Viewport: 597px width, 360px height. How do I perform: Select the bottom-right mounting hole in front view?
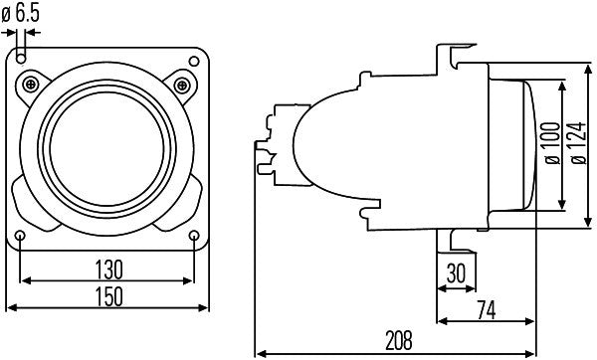194,235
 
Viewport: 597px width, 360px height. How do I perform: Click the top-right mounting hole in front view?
194,58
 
